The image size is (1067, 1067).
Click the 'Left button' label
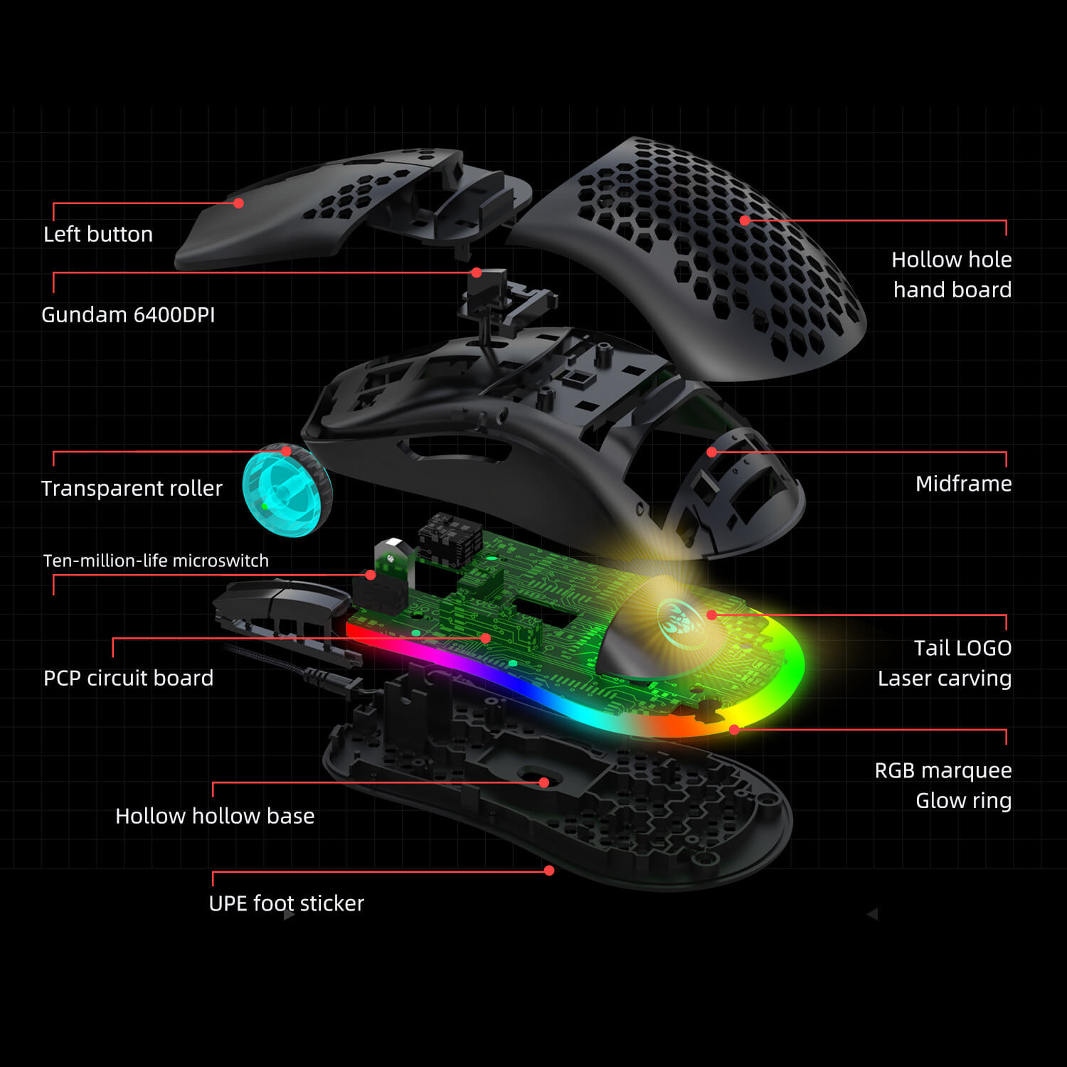click(x=98, y=234)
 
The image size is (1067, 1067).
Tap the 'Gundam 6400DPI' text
click(x=128, y=314)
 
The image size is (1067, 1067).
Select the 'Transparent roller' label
click(x=132, y=488)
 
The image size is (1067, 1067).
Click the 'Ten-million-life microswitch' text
click(x=156, y=561)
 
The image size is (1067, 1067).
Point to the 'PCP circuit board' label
click(x=128, y=678)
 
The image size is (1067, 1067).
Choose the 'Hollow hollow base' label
click(x=215, y=816)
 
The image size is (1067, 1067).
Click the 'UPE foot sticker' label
click(x=286, y=903)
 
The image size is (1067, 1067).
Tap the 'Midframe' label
click(x=963, y=484)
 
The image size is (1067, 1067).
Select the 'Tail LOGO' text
click(x=962, y=648)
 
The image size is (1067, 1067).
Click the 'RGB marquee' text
click(x=943, y=770)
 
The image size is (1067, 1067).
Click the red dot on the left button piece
click(x=239, y=203)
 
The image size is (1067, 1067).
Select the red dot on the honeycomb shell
click(x=745, y=221)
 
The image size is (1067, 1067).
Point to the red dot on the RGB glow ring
click(x=734, y=730)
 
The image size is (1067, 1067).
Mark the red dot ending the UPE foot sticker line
click(x=549, y=871)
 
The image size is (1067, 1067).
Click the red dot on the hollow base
click(x=543, y=782)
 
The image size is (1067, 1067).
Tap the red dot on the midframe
click(x=711, y=452)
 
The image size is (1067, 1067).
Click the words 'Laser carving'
click(x=945, y=679)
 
